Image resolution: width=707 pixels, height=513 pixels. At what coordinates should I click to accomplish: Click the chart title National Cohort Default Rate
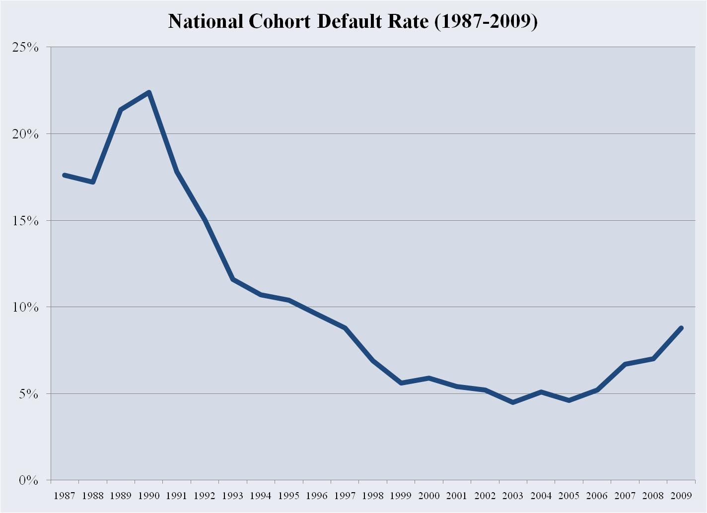[353, 22]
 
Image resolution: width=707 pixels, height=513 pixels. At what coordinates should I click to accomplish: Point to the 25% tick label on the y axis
[25, 47]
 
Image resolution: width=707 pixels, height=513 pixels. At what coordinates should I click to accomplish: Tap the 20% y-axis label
[25, 134]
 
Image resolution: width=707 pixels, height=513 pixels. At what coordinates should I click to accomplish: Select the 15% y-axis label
[25, 220]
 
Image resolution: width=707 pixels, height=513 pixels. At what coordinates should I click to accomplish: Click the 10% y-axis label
[25, 307]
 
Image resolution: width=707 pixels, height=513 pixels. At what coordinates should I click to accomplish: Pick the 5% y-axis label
[29, 394]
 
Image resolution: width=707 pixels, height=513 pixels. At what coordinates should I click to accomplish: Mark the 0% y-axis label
[29, 480]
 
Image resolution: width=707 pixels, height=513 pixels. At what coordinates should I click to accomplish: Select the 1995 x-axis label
[288, 495]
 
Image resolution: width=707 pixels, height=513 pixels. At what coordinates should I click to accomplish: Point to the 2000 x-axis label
[429, 495]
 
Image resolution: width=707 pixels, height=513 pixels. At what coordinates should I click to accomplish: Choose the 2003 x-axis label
[513, 495]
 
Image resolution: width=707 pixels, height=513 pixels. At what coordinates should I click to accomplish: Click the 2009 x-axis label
[681, 495]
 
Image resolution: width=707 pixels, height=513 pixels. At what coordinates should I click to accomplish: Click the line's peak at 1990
[148, 92]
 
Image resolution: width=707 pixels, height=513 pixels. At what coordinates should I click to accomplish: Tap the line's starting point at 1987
[65, 175]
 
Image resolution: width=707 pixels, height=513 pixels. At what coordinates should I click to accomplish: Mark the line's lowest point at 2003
[513, 402]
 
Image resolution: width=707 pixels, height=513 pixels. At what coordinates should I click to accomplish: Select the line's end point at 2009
[681, 328]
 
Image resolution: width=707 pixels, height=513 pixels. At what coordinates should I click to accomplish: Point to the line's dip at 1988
[92, 182]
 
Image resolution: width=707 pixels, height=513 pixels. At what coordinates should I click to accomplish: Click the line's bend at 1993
[232, 279]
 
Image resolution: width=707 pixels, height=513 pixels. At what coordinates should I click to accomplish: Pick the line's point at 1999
[401, 383]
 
